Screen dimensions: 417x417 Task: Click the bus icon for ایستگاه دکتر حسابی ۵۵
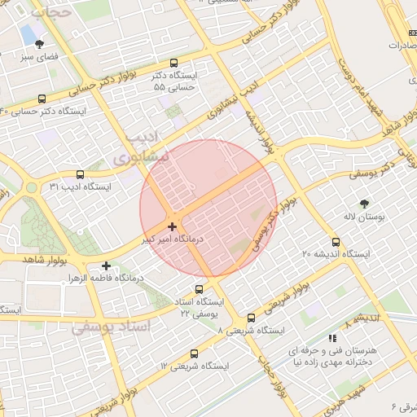(x=173, y=63)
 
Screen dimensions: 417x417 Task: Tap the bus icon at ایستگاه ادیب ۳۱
(x=80, y=174)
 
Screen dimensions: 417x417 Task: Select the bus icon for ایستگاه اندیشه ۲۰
(x=336, y=242)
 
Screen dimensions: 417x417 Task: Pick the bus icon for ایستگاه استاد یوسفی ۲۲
(x=199, y=290)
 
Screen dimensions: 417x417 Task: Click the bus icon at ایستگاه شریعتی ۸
(x=250, y=318)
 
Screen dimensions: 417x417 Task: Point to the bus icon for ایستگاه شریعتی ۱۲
(x=194, y=354)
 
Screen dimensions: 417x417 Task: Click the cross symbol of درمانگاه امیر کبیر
(x=172, y=226)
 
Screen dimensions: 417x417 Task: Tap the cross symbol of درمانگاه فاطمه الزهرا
(x=106, y=266)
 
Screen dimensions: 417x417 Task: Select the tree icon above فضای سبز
(x=40, y=44)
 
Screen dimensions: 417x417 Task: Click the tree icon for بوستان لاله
(x=363, y=204)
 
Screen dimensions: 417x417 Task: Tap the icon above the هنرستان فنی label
(x=331, y=338)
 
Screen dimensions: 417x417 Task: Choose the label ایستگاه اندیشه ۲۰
(x=336, y=255)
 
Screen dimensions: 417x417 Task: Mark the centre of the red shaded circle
(x=208, y=208)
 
